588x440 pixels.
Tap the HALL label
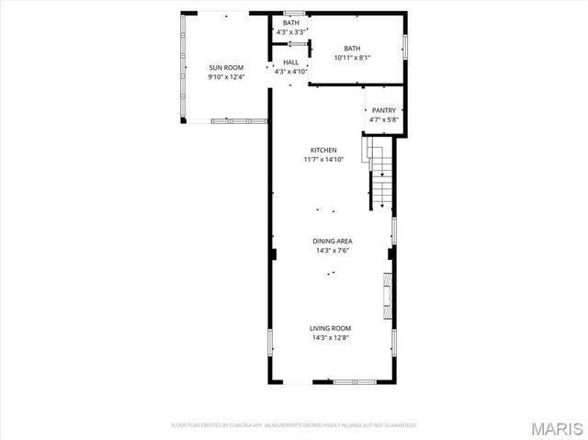(290, 62)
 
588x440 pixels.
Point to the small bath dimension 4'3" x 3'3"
(290, 32)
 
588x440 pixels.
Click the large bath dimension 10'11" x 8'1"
(352, 58)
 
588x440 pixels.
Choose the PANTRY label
(383, 110)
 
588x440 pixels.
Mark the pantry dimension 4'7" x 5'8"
(383, 119)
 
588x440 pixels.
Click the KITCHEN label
(322, 150)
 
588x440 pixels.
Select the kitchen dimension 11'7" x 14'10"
(322, 160)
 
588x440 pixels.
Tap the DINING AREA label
(332, 241)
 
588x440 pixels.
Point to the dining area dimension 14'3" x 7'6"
(332, 251)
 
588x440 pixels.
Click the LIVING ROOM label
(331, 328)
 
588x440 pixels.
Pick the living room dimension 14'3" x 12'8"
(331, 338)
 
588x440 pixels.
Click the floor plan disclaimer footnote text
(294, 425)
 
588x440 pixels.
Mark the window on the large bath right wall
(405, 46)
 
